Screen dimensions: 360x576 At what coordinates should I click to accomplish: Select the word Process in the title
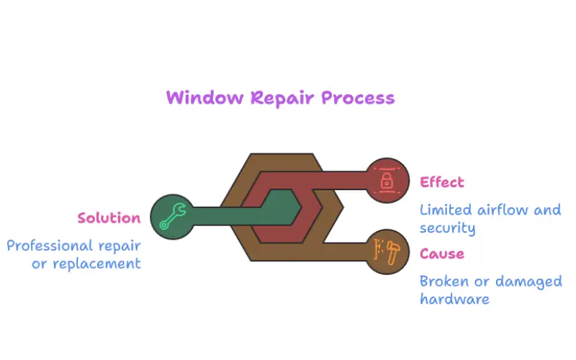(358, 97)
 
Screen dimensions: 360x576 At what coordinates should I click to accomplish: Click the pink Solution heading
(109, 217)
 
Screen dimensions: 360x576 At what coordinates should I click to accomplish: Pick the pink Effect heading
(442, 182)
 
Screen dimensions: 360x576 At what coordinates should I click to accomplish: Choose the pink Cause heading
(442, 253)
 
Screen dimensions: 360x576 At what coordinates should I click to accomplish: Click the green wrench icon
(173, 216)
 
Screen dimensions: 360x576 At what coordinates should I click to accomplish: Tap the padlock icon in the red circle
(387, 181)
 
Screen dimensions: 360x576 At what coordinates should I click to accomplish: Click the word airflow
(504, 210)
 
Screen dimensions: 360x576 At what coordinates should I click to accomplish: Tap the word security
(447, 228)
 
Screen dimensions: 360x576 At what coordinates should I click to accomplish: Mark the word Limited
(447, 210)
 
